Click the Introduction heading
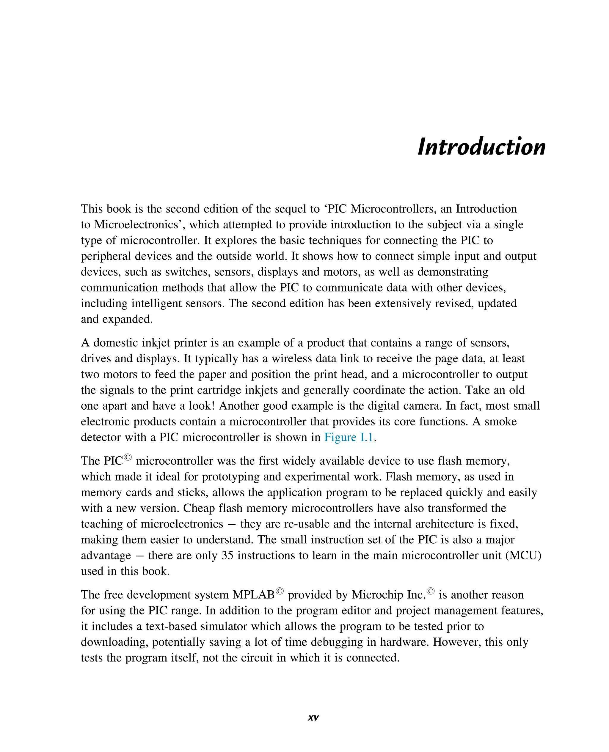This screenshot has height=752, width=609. (481, 147)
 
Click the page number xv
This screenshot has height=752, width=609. (313, 717)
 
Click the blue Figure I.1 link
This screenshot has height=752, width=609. (349, 437)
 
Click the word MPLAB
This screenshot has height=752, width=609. (253, 594)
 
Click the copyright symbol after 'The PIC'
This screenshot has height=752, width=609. (128, 457)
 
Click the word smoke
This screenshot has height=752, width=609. (500, 421)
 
